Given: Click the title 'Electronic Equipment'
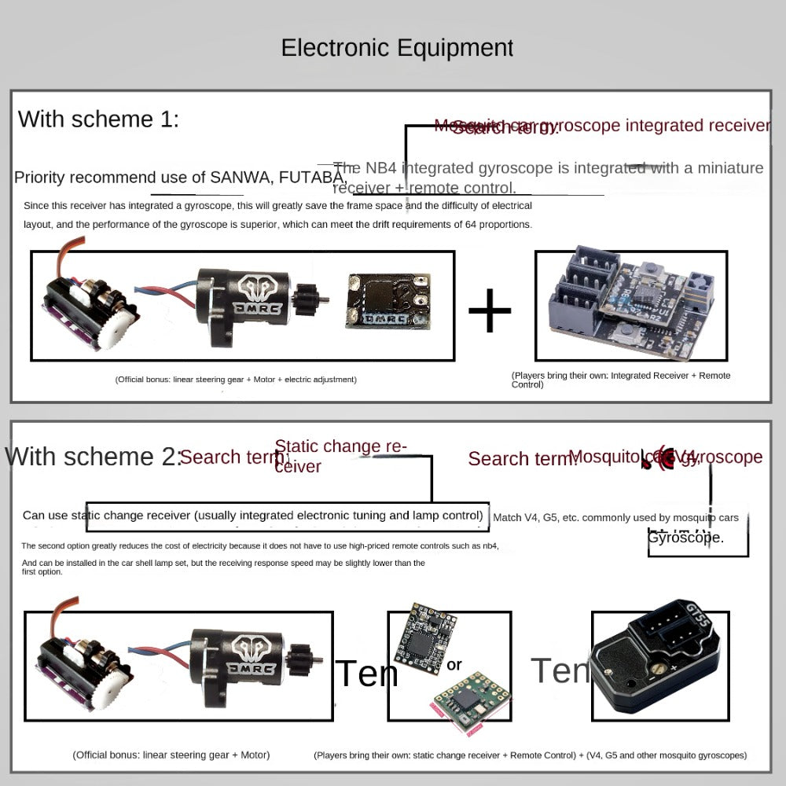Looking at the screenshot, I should [x=397, y=48].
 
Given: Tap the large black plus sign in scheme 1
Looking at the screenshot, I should [x=490, y=310].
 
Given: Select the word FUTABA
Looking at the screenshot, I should [x=310, y=176].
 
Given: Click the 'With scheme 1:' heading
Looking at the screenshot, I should [x=98, y=119].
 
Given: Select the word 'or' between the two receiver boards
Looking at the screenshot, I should [x=454, y=666].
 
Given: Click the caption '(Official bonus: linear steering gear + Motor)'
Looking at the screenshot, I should [x=171, y=755].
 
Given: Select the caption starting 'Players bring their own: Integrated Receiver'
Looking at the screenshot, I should [x=621, y=380].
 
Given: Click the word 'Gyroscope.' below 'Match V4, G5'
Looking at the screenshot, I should [x=686, y=538].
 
